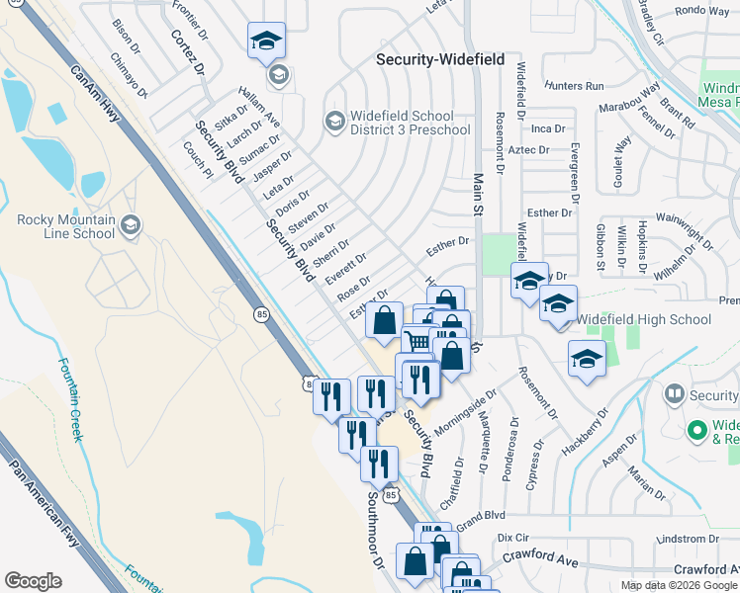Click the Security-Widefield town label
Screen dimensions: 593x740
[441, 60]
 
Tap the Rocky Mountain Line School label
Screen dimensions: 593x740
[66, 226]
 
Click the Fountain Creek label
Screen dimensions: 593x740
[68, 398]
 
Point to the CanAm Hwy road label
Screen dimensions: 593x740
[95, 95]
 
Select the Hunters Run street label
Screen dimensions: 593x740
[580, 87]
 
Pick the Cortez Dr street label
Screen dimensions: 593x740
[186, 52]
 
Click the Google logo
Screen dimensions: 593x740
[34, 581]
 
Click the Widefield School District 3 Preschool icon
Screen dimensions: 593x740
[334, 122]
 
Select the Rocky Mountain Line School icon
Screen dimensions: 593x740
[130, 226]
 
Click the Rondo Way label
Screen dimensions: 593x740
[701, 11]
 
